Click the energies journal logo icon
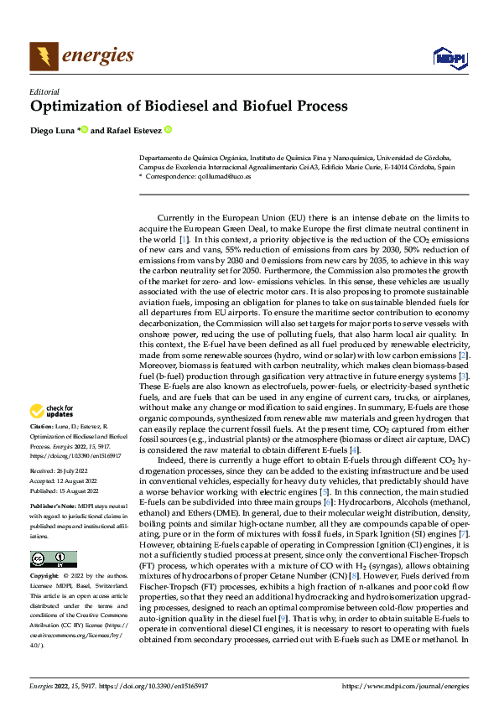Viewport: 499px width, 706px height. pyautogui.click(x=44, y=56)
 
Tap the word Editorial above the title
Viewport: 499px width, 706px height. pyautogui.click(x=44, y=91)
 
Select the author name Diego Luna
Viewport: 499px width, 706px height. pyautogui.click(x=52, y=130)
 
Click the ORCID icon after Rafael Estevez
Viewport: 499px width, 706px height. pyautogui.click(x=169, y=130)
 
